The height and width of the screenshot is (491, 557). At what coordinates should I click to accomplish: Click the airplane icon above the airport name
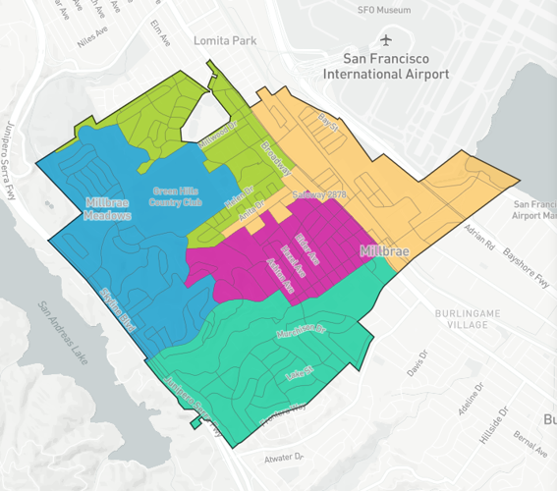click(x=385, y=40)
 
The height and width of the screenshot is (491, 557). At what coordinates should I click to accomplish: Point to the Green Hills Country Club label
click(x=178, y=197)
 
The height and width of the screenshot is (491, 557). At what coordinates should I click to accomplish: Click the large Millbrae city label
click(x=384, y=251)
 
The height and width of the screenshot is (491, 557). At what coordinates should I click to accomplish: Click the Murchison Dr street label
click(x=308, y=328)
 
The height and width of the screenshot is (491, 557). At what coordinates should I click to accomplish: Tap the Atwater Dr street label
click(x=284, y=458)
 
